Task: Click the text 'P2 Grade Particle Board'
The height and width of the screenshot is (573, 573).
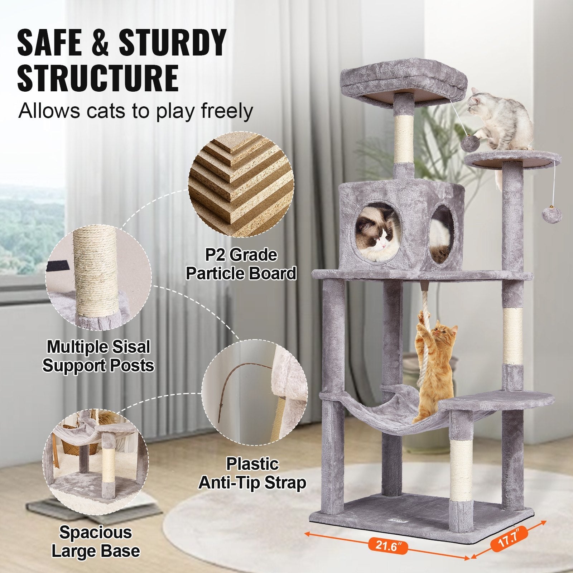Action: click(241, 264)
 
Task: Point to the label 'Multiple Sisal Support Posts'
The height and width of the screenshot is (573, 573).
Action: click(98, 356)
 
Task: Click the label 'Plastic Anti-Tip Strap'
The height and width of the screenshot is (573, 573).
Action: click(252, 473)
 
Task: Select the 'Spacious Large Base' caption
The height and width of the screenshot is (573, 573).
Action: click(96, 541)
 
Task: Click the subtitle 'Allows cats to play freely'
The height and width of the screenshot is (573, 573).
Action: click(135, 111)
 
